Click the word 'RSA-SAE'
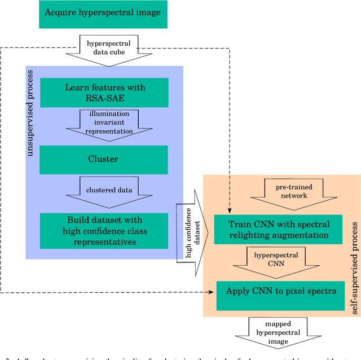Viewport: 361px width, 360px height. click(105, 98)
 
